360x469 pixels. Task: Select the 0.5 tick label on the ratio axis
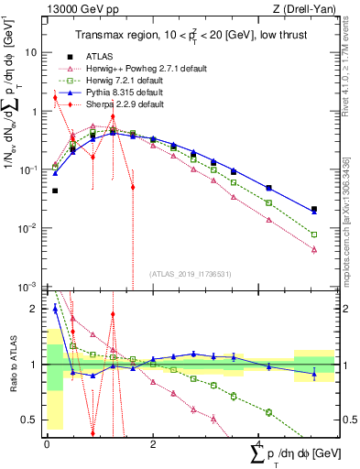[30, 420]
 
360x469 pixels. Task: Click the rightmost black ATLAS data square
[314, 210]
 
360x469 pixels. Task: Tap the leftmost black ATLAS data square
[55, 191]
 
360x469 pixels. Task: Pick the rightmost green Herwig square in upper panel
[314, 234]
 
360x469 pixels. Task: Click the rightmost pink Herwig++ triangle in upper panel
[314, 249]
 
